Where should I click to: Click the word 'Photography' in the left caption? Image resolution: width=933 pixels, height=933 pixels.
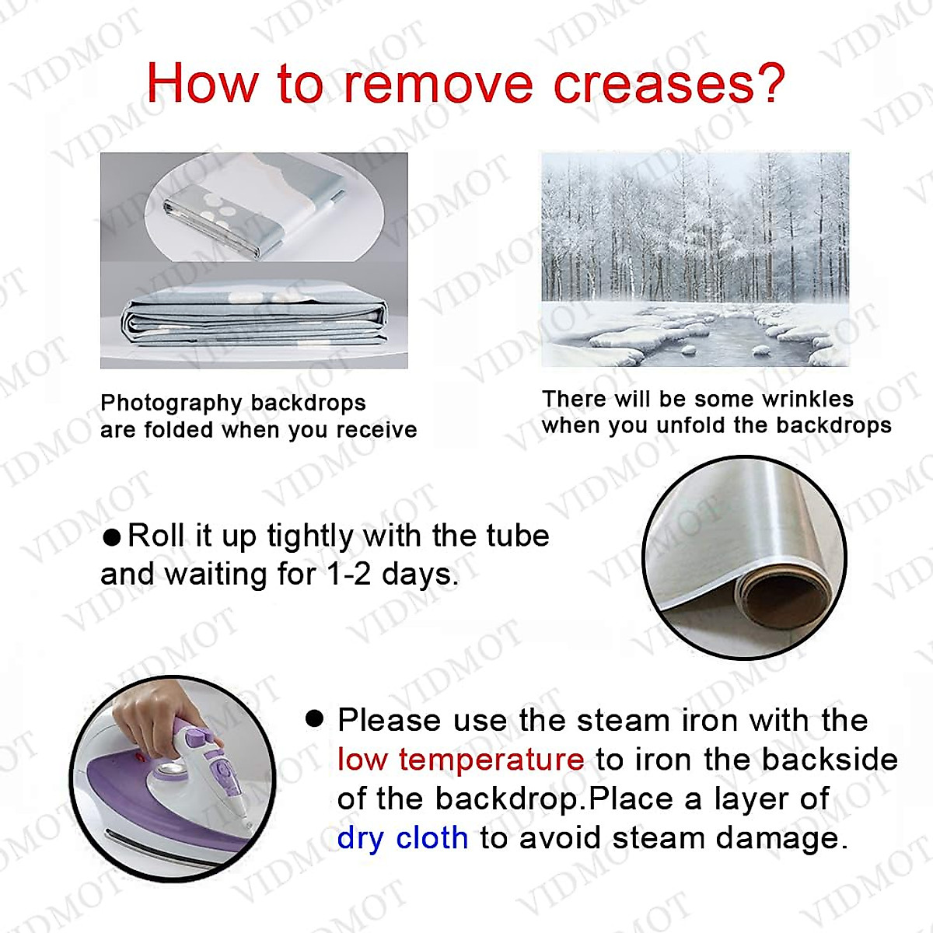click(171, 404)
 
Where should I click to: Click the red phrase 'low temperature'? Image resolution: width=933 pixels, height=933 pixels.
click(461, 759)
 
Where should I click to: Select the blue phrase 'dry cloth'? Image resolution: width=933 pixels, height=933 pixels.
click(403, 839)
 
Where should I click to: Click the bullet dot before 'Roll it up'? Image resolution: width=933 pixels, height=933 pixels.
click(112, 537)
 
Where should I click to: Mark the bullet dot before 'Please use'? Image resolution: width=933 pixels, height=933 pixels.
click(315, 719)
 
